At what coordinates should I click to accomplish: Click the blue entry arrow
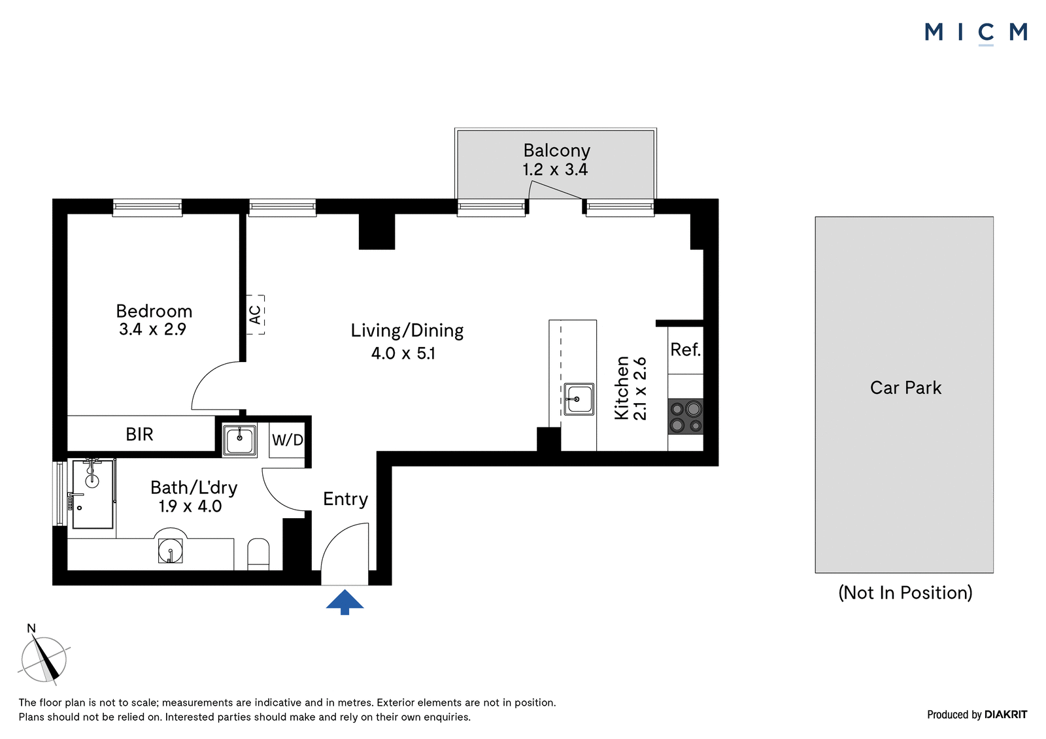pyautogui.click(x=345, y=602)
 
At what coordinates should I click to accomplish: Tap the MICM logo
pyautogui.click(x=976, y=33)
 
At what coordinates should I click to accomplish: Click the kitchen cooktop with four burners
pyautogui.click(x=686, y=416)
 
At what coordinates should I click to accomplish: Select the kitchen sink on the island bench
pyautogui.click(x=579, y=399)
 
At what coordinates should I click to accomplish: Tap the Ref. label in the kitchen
pyautogui.click(x=686, y=349)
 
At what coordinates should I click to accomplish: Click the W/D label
pyautogui.click(x=287, y=439)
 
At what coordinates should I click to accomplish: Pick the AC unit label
pyautogui.click(x=255, y=315)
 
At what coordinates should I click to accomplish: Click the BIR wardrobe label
pyautogui.click(x=139, y=434)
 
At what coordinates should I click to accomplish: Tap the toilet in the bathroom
pyautogui.click(x=258, y=554)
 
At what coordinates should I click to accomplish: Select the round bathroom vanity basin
pyautogui.click(x=170, y=550)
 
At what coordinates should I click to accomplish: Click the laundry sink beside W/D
pyautogui.click(x=239, y=440)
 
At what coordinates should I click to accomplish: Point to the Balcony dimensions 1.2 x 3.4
pyautogui.click(x=555, y=169)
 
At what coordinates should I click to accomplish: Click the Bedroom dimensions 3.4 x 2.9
pyautogui.click(x=152, y=329)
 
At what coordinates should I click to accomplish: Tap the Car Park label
pyautogui.click(x=905, y=387)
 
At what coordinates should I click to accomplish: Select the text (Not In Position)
pyautogui.click(x=905, y=593)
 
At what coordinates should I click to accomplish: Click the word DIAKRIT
pyautogui.click(x=1006, y=714)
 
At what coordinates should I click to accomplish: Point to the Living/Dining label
pyautogui.click(x=407, y=331)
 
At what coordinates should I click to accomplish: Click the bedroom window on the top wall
pyautogui.click(x=147, y=208)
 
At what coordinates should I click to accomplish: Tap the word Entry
pyautogui.click(x=346, y=499)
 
